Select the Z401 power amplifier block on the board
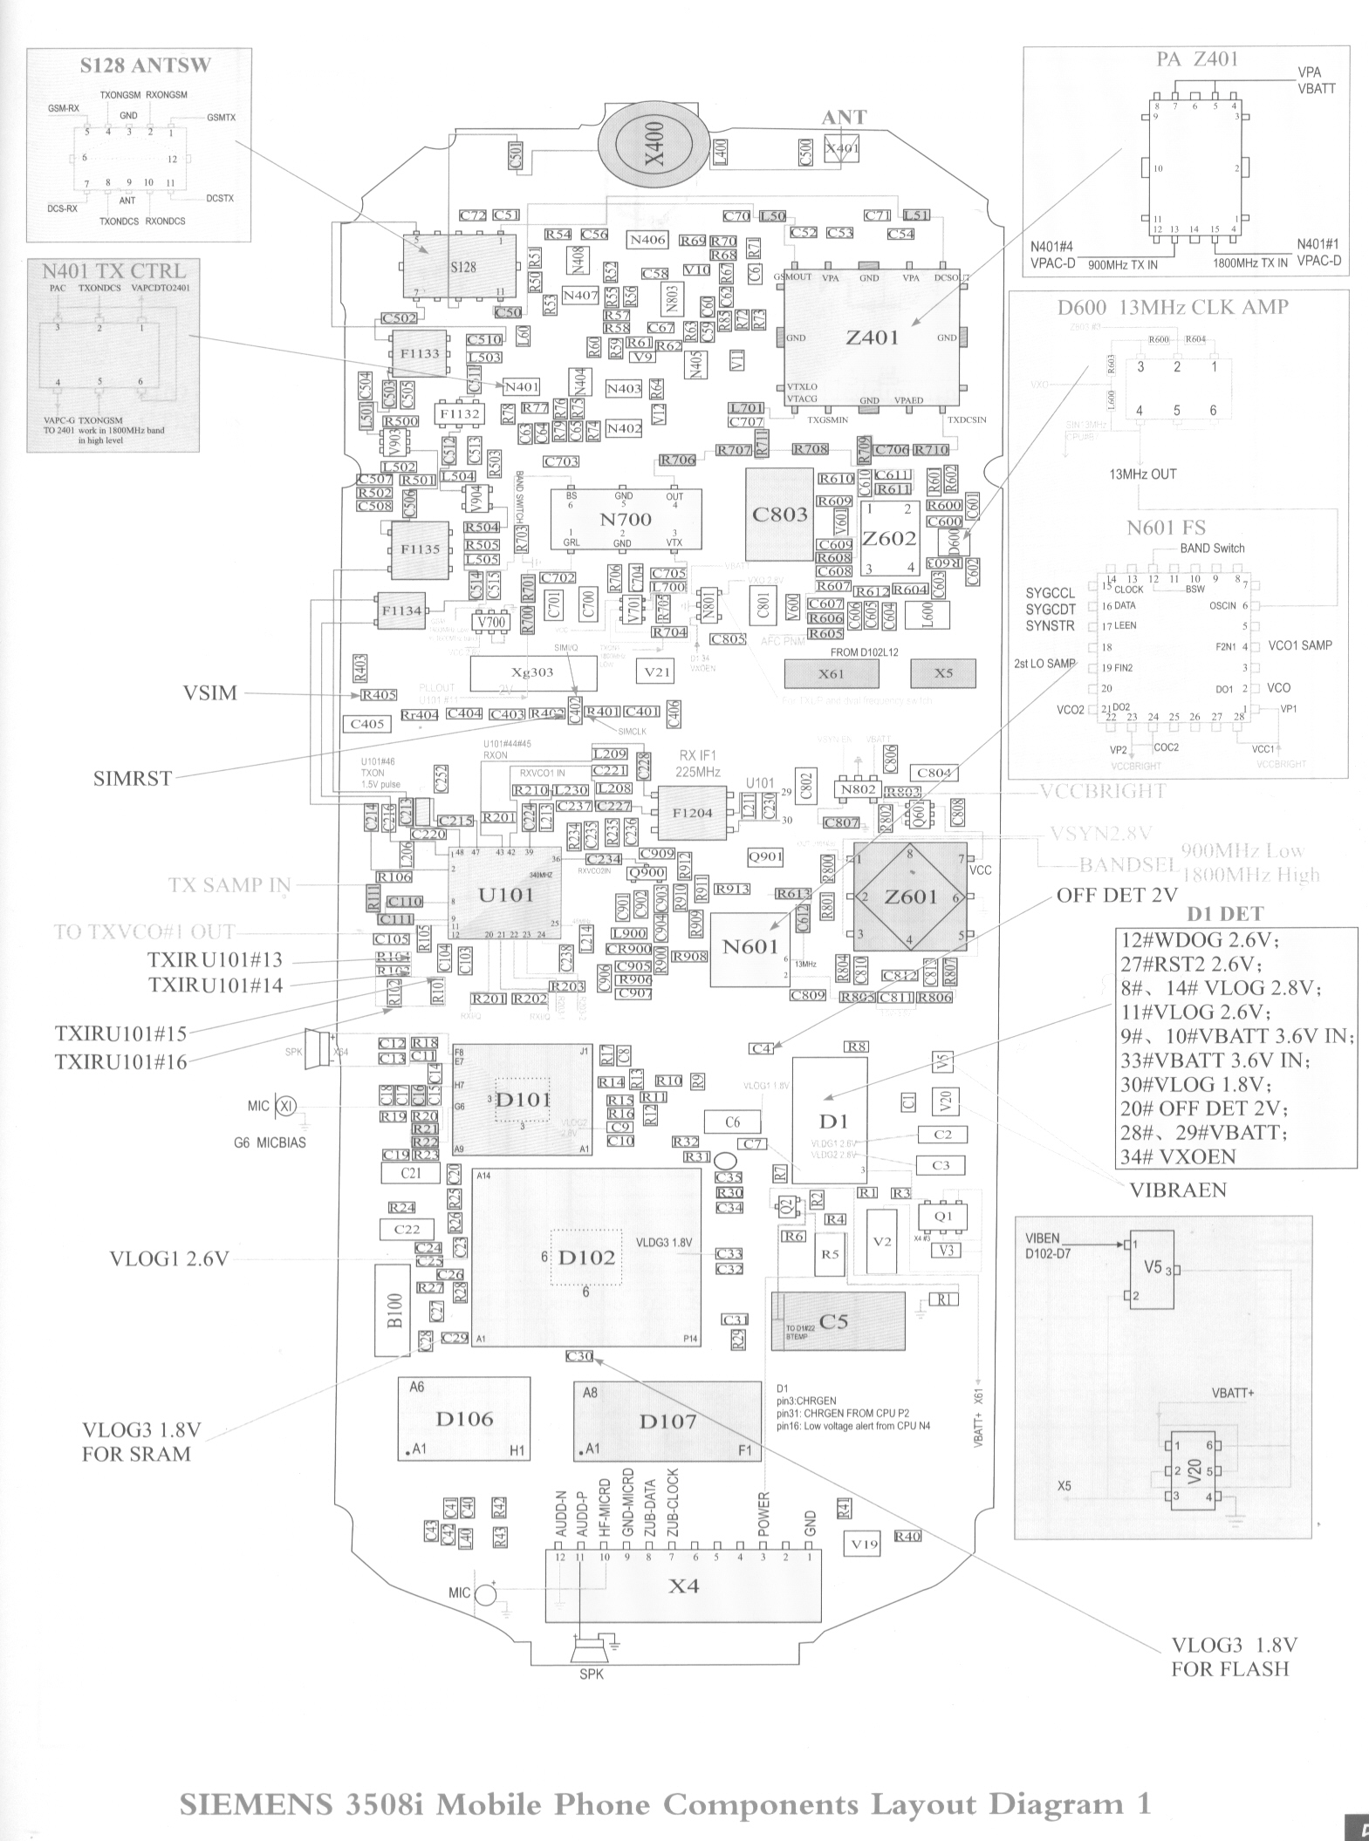point(872,338)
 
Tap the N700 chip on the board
point(626,519)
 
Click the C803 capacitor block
point(779,515)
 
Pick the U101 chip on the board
point(505,895)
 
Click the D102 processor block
point(586,1257)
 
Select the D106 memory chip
point(464,1419)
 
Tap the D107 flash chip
point(667,1421)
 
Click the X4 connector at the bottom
point(683,1585)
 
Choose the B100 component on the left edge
point(393,1311)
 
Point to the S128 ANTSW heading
point(146,65)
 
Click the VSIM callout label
point(209,694)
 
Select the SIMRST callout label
point(133,778)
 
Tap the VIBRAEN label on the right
point(1178,1190)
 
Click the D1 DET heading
point(1225,914)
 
